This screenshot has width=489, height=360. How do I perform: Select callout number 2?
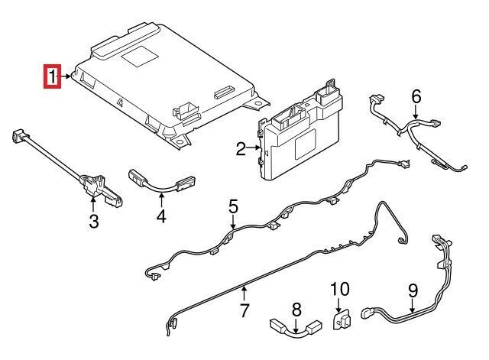(240, 149)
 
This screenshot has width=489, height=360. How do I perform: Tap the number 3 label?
(93, 222)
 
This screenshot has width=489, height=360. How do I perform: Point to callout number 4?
(161, 217)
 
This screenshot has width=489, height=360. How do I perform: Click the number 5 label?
(233, 206)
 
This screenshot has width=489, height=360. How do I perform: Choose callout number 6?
(416, 97)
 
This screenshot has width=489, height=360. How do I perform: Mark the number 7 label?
(244, 310)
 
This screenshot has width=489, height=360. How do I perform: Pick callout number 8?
(297, 310)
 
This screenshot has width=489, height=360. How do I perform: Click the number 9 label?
(413, 290)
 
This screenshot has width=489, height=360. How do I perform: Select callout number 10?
(338, 290)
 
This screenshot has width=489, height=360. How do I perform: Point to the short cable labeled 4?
(160, 182)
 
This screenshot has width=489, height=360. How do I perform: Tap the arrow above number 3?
(93, 203)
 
